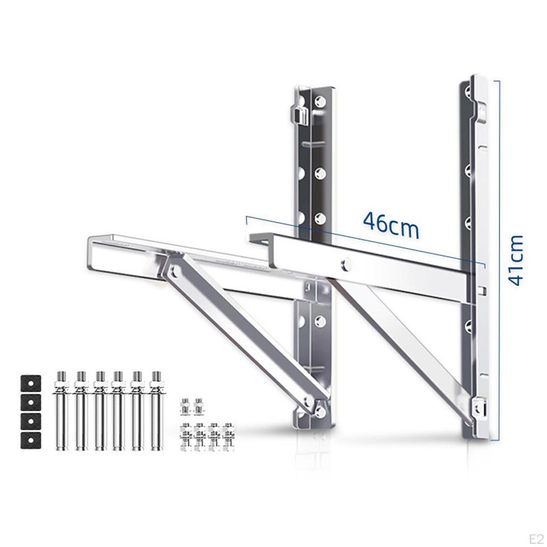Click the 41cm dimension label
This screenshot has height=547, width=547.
click(516, 261)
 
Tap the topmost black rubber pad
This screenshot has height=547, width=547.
click(30, 384)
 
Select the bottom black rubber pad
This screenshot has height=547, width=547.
click(30, 440)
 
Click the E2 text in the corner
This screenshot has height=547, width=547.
click(536, 538)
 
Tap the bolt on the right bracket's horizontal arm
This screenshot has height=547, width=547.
click(346, 263)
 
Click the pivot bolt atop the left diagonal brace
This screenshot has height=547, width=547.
click(175, 271)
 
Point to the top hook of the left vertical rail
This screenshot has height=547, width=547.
click(301, 115)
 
